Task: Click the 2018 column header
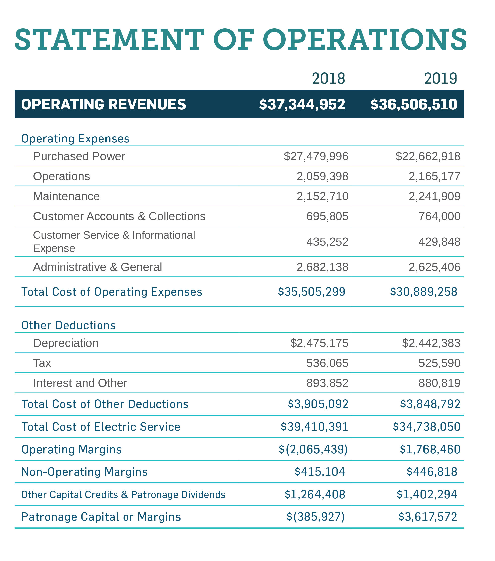coord(328,79)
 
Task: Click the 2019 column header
coord(440,79)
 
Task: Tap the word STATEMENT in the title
coord(109,40)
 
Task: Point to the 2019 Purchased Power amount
coord(428,156)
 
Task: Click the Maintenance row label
coord(66,196)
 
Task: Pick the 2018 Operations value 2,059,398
coord(322,176)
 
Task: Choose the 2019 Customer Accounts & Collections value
coord(439,216)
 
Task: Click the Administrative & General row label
coord(97,267)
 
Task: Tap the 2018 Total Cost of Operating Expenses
coord(311,292)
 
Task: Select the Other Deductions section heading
coord(68,325)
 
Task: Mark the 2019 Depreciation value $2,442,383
coord(431,343)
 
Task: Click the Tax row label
coord(42,363)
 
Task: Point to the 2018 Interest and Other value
coord(327,383)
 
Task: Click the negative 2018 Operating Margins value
coord(313,449)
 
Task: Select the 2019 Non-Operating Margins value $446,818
coord(432,472)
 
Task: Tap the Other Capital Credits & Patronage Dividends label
coord(123,495)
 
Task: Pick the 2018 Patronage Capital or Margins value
coord(315,517)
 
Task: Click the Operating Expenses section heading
coord(75,139)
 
